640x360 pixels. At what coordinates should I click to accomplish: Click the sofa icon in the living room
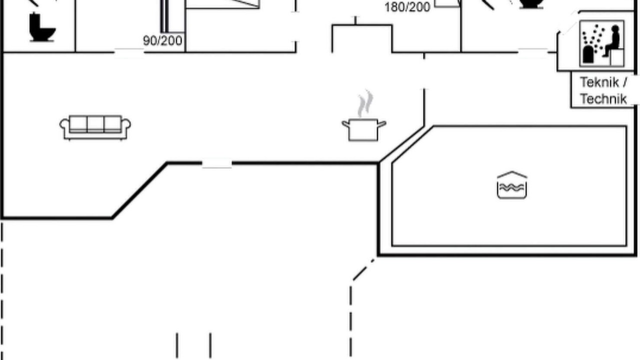coord(95,127)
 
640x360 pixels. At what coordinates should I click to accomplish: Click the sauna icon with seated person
coord(602,43)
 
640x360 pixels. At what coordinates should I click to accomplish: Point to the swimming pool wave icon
coord(512,185)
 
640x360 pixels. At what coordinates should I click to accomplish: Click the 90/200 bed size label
coord(162,41)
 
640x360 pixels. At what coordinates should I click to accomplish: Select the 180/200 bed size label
coord(407,7)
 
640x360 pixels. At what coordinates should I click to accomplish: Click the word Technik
coord(603,99)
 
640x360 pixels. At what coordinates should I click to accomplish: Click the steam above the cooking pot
coord(365,103)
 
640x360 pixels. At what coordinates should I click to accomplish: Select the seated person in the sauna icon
coord(611,40)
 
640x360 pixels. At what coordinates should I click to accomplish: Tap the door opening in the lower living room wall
coord(217,163)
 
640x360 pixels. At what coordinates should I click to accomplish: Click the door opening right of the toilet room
coord(129,53)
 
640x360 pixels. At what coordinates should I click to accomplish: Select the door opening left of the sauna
coord(533,53)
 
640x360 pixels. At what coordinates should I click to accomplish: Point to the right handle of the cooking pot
coord(382,124)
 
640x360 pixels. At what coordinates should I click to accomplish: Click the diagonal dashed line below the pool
coord(363,269)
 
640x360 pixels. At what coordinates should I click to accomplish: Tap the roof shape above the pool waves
coord(512,174)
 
